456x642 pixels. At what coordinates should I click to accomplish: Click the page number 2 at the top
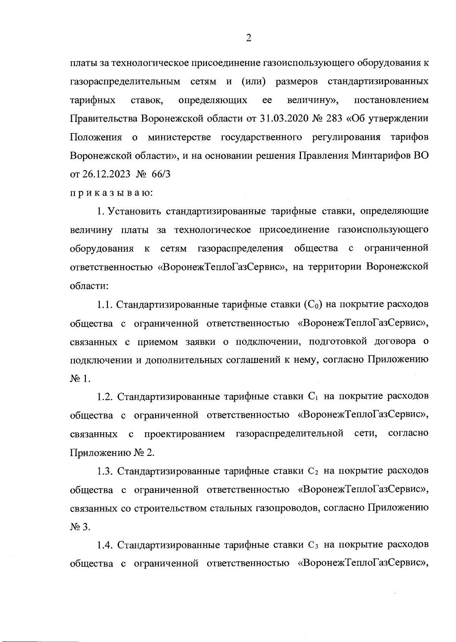(249, 38)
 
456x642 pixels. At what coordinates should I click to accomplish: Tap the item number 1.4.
(104, 545)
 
